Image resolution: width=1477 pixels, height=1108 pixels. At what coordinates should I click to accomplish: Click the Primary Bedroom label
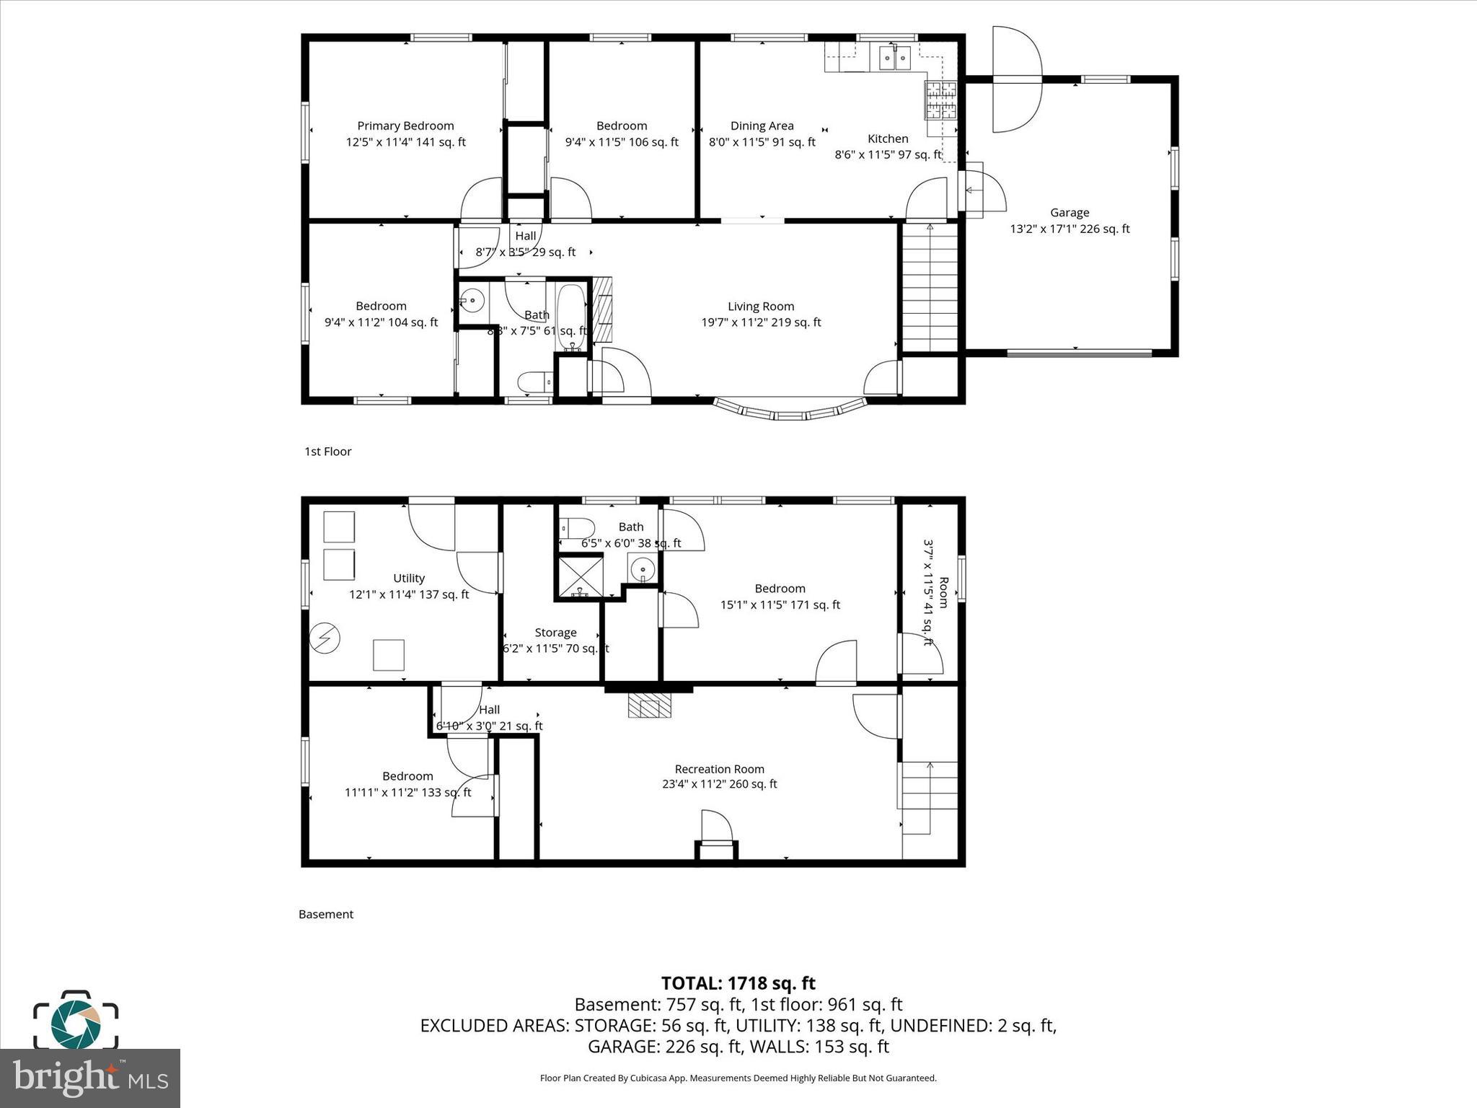tap(405, 126)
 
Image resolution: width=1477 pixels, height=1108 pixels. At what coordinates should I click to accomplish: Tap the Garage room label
tap(1069, 213)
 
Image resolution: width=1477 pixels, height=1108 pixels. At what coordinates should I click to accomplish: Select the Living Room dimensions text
tap(761, 322)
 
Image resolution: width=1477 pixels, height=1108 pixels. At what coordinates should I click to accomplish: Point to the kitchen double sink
tap(895, 58)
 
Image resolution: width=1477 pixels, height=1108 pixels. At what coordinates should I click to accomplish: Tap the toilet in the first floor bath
tap(534, 382)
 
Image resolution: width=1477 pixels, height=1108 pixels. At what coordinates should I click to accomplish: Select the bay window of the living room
tap(790, 412)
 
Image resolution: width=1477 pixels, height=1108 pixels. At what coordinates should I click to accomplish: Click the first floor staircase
tap(930, 289)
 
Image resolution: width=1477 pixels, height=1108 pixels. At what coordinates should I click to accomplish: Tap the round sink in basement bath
tap(642, 569)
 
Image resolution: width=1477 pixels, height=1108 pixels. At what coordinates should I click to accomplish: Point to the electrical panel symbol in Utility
tap(325, 638)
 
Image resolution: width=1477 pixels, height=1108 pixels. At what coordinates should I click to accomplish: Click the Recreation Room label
tap(719, 769)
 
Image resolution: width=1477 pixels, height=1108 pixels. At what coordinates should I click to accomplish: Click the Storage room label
tap(555, 633)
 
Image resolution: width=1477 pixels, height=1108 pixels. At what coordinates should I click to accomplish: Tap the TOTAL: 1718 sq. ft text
tap(738, 983)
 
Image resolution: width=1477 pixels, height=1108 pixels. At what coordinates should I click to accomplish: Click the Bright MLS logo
tap(90, 1078)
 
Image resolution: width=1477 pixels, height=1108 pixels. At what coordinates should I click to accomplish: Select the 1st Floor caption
tap(327, 452)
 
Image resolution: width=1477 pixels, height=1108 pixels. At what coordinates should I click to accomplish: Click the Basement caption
tap(326, 914)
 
